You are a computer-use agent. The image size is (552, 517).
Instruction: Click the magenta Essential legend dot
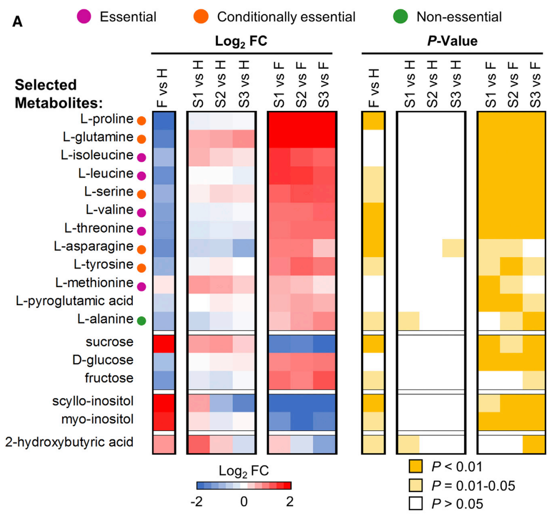(84, 17)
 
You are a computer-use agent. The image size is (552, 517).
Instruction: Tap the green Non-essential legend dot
(400, 17)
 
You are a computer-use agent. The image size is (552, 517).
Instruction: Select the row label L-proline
(107, 119)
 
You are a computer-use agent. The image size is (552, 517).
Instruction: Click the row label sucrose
(110, 342)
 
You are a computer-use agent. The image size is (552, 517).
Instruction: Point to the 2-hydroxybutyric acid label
(69, 442)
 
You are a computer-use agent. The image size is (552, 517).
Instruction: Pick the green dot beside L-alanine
(141, 321)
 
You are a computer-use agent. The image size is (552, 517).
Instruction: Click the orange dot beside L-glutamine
(141, 139)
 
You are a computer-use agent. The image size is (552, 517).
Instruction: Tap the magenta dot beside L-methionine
(141, 287)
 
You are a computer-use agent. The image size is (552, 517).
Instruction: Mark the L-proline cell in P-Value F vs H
(373, 121)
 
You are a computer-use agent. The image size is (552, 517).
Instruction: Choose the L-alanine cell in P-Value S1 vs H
(408, 320)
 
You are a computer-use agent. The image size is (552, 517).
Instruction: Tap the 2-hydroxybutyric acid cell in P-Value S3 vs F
(533, 444)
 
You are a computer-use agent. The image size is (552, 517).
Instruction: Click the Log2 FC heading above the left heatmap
(241, 42)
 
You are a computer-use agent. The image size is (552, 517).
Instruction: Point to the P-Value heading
(452, 42)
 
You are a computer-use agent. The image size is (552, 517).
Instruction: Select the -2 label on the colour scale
(197, 502)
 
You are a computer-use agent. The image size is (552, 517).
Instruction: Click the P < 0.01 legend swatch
(416, 467)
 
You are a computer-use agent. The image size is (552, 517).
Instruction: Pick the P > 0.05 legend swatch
(416, 504)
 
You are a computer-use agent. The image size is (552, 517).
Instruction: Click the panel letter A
(18, 22)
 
